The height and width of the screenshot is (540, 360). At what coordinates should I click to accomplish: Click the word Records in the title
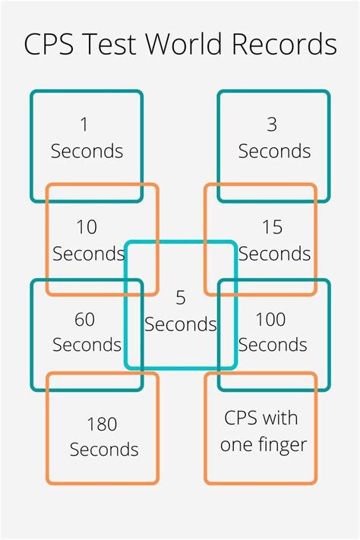tap(286, 44)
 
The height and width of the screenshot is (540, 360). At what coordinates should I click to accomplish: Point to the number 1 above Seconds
tap(84, 124)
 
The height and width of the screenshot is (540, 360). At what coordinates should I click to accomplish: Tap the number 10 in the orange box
tap(87, 226)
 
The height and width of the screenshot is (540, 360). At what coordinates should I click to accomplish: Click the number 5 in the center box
tap(181, 297)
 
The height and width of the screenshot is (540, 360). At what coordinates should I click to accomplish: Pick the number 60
tap(84, 320)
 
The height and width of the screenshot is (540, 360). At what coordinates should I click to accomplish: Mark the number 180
tap(103, 424)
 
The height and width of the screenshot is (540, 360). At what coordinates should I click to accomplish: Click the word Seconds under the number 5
tap(181, 324)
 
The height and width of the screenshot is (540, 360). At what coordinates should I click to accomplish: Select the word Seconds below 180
tap(105, 450)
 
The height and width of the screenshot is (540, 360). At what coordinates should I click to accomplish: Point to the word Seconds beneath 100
tap(272, 345)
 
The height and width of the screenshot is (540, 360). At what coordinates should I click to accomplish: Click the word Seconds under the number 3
tap(274, 151)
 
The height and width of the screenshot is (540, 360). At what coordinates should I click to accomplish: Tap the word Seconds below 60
tap(87, 345)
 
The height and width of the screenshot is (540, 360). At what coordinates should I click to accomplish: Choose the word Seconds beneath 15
tap(274, 253)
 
